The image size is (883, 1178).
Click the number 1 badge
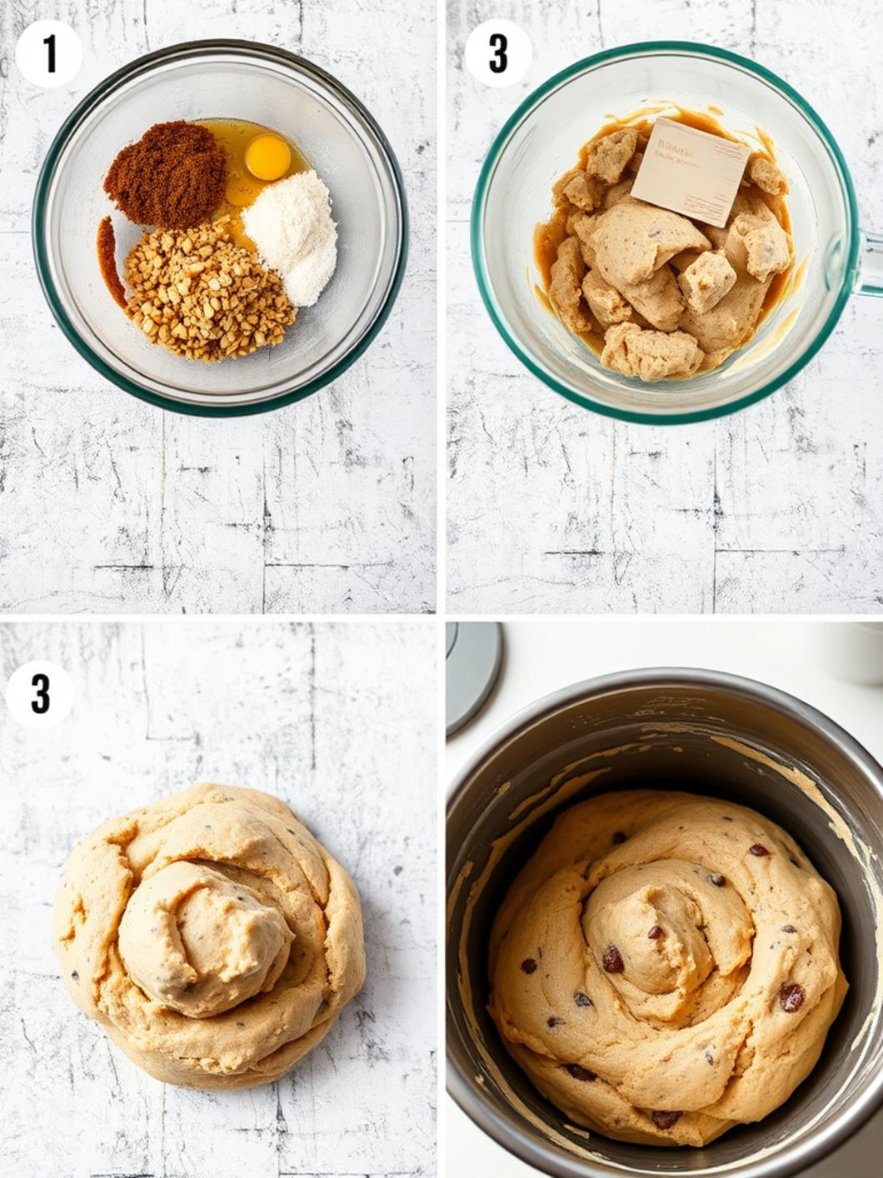coord(49,54)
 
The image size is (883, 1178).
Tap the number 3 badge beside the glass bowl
coord(497,53)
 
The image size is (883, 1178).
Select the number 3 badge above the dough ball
coord(40,693)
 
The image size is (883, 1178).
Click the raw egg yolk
coord(267,156)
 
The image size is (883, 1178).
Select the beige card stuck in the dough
coord(690,171)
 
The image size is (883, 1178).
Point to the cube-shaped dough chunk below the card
coord(706,280)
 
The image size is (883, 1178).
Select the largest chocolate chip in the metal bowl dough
coord(791,996)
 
